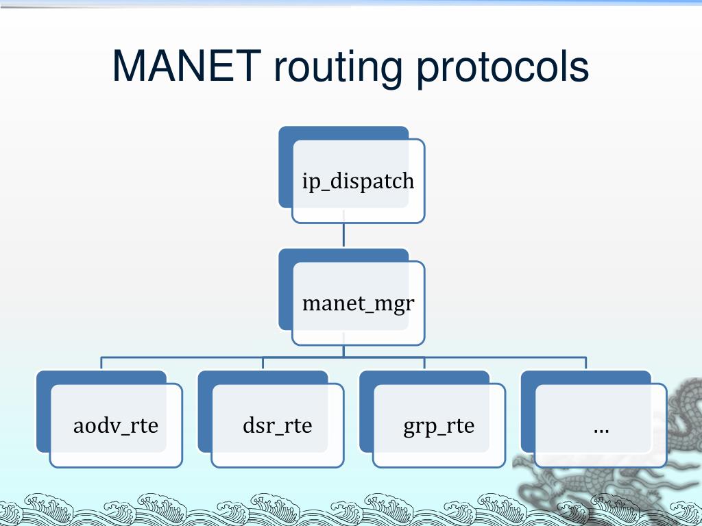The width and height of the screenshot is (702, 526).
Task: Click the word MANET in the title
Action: (x=186, y=67)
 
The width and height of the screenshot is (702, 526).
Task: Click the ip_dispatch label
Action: (x=358, y=181)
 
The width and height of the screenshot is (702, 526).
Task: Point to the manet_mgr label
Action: (x=358, y=303)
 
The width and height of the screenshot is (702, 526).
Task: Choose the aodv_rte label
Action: (x=116, y=425)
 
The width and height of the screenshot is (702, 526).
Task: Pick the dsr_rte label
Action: (x=277, y=425)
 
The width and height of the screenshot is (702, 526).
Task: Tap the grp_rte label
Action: (x=439, y=425)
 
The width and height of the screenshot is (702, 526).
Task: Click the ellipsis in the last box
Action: (x=601, y=428)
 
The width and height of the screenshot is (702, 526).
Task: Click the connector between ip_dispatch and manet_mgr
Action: (x=343, y=236)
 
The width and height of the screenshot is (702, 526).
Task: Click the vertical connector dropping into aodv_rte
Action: (x=101, y=364)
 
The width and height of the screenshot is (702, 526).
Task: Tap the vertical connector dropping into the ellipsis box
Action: (x=586, y=364)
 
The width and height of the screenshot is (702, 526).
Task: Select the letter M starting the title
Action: (x=128, y=67)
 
